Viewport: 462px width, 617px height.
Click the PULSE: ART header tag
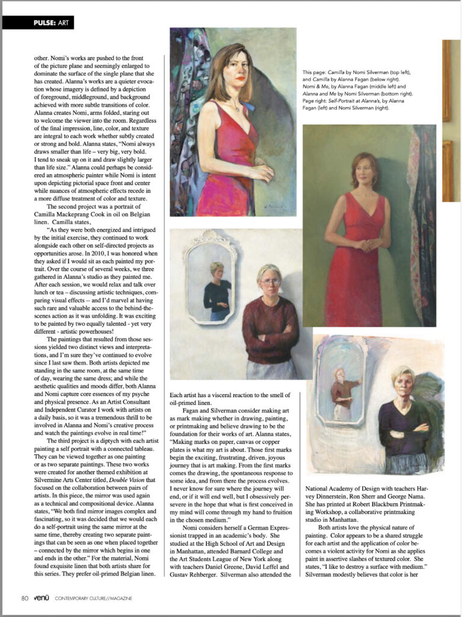[38, 23]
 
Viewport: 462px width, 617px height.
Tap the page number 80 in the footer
[24, 598]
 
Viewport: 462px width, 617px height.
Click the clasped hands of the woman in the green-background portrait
[363, 245]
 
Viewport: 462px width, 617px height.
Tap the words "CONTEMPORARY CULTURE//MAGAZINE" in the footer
[93, 598]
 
